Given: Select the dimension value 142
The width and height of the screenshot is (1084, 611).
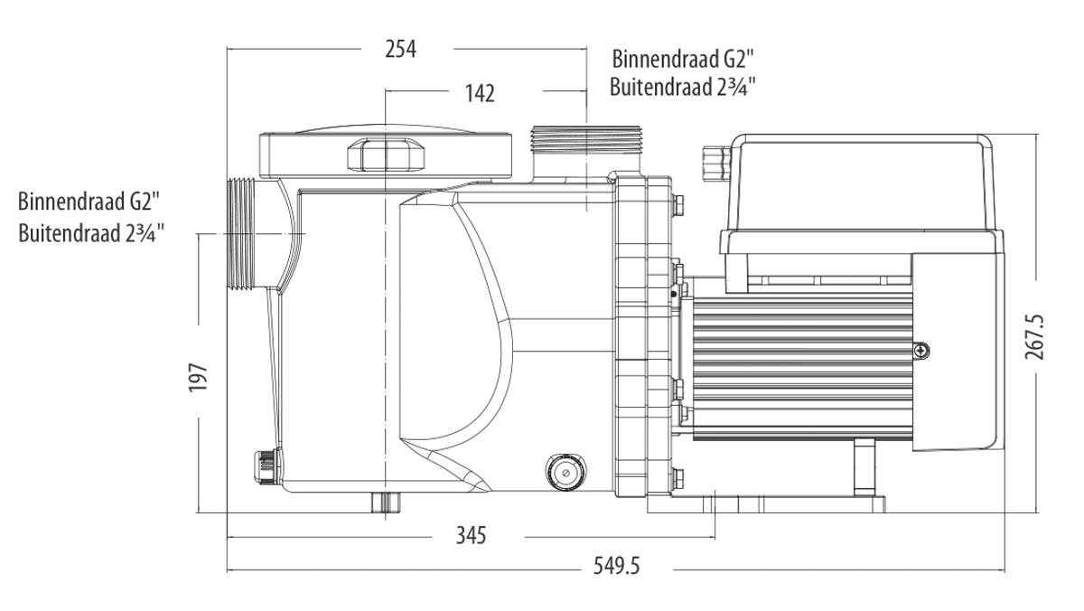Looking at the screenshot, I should click(x=479, y=93).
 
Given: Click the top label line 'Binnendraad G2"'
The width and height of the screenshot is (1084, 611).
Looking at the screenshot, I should click(x=682, y=60).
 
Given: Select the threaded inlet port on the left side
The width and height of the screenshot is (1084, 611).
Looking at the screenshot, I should click(x=241, y=234).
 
